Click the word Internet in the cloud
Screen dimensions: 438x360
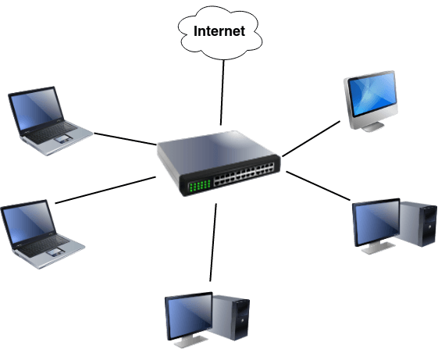[219, 31]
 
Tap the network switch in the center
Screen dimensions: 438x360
[219, 163]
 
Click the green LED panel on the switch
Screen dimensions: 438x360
[199, 186]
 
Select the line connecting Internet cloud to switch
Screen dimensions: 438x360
[223, 93]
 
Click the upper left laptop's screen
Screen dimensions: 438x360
[37, 109]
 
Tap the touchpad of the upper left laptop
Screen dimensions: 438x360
[63, 138]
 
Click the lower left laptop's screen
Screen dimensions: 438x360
[29, 222]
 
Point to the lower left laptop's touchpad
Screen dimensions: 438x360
[55, 251]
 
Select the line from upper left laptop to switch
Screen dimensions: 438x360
[125, 139]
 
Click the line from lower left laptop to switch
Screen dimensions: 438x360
[105, 190]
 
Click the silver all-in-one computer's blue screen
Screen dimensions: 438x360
[372, 94]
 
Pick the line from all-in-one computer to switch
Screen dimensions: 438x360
[312, 139]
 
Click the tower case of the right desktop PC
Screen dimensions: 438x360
[416, 223]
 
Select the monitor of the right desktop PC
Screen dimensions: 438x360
[376, 223]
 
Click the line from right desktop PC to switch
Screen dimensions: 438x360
[319, 186]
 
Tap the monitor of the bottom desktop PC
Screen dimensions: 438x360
[189, 316]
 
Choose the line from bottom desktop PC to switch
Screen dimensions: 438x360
[213, 242]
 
